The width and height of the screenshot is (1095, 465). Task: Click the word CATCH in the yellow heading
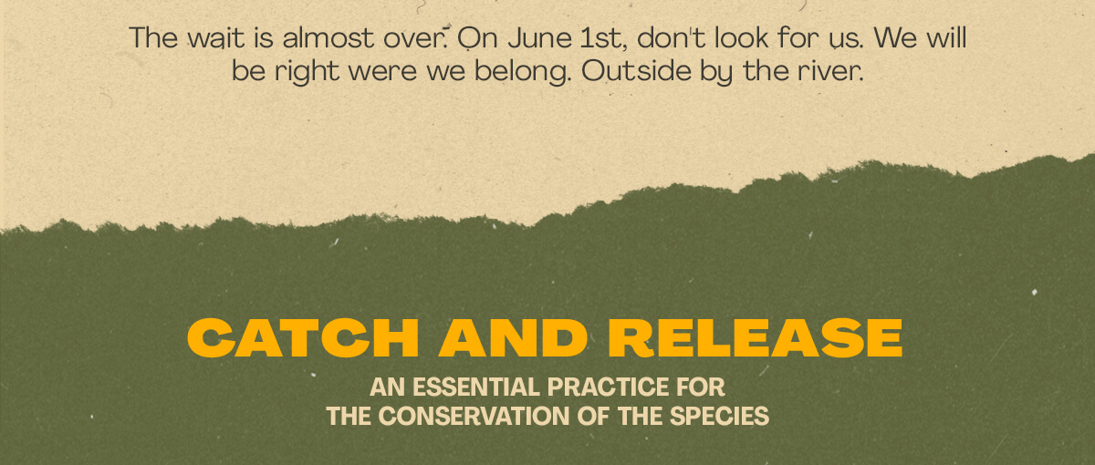(x=303, y=338)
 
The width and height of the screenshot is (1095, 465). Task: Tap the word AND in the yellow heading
(x=513, y=338)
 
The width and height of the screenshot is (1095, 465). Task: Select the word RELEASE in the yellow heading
(x=756, y=338)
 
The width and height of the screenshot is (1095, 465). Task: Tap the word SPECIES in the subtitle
(x=719, y=416)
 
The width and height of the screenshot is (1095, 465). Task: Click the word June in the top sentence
(x=539, y=38)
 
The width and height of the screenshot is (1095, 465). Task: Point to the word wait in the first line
(x=216, y=38)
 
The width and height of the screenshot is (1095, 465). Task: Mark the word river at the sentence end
(x=830, y=71)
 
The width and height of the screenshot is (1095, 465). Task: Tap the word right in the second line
(x=307, y=72)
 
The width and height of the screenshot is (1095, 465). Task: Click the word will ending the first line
(x=946, y=38)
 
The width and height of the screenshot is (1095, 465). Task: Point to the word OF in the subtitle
(x=593, y=416)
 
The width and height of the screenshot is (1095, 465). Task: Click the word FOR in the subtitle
(x=701, y=387)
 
